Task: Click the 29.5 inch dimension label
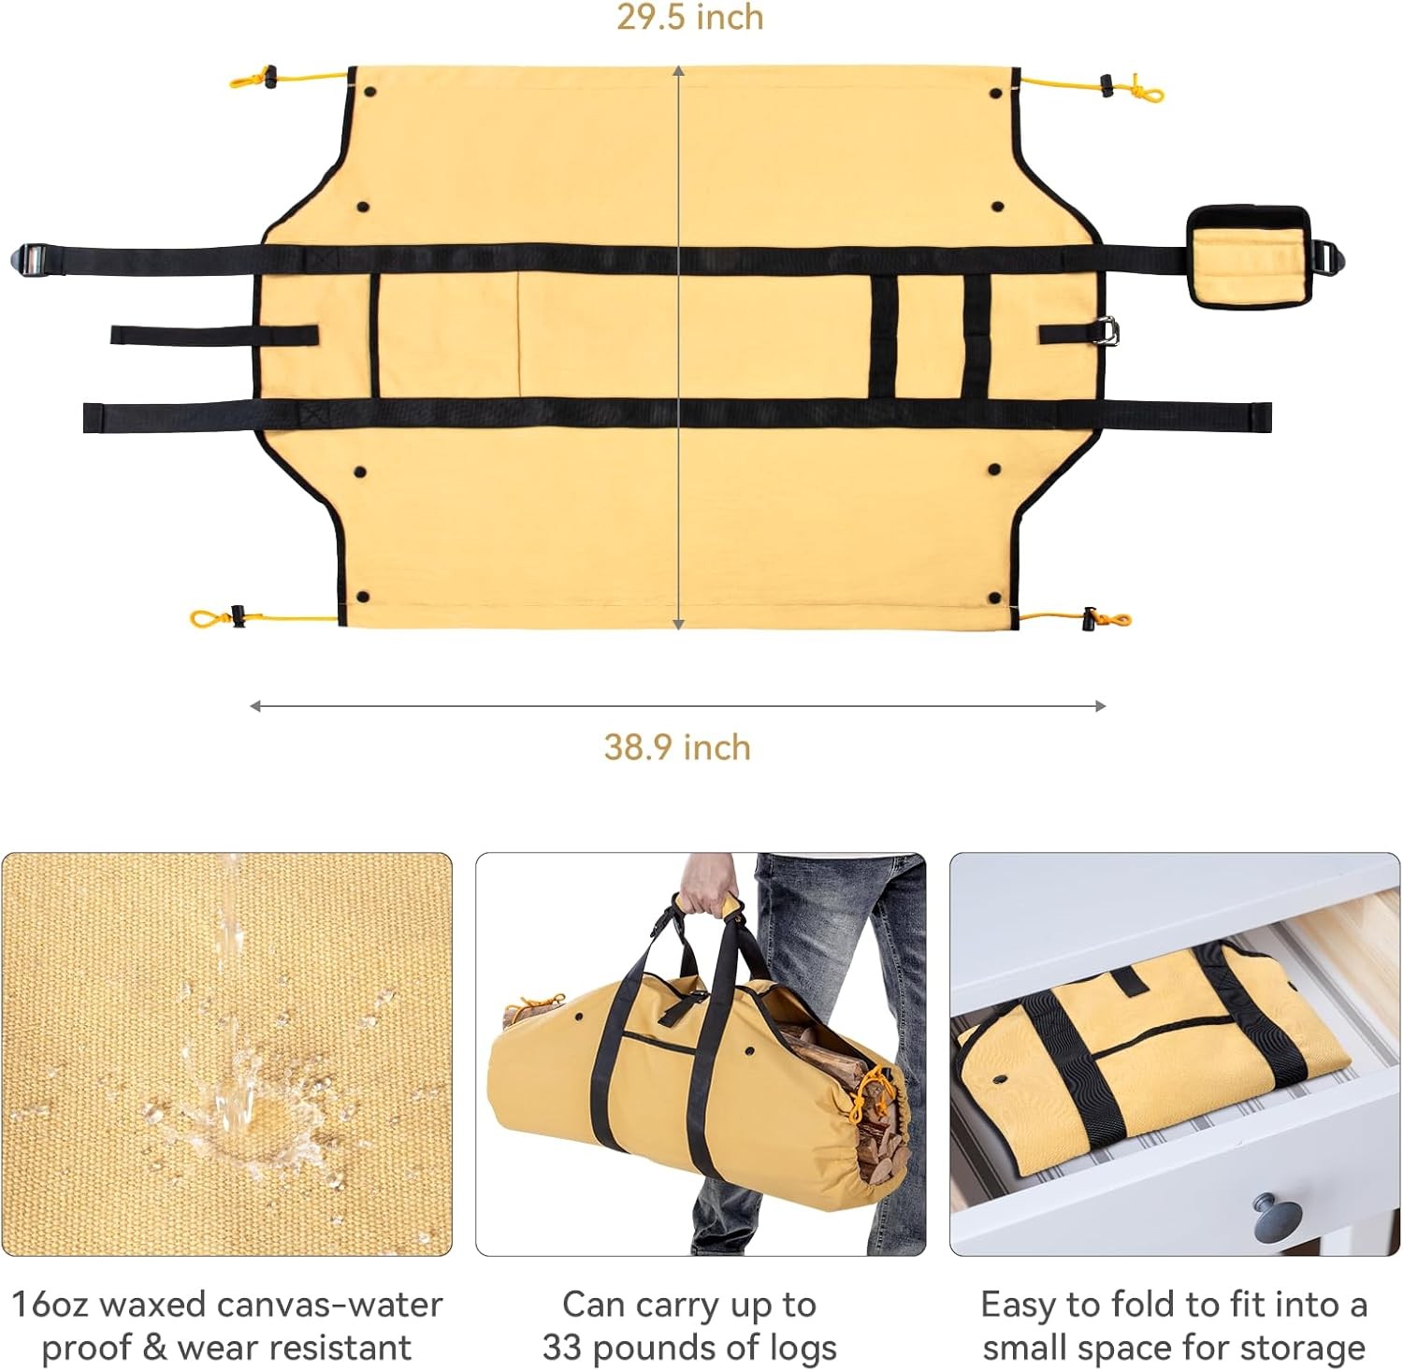[689, 18]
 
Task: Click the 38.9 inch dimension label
[677, 748]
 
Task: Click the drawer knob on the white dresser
[1277, 1217]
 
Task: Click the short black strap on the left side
[214, 335]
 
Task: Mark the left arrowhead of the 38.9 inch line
[254, 706]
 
